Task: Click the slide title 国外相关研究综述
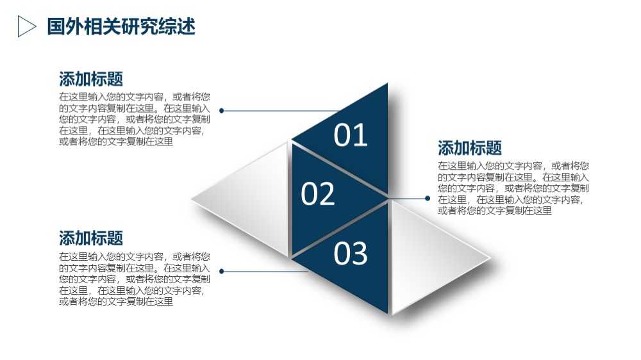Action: [121, 26]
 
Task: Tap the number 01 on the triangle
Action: [351, 135]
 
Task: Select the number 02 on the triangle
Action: [318, 193]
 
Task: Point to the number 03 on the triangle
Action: [351, 253]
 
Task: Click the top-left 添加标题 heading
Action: [91, 79]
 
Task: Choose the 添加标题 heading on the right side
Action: [470, 148]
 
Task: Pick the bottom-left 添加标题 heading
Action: [91, 238]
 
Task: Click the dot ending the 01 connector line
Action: [222, 111]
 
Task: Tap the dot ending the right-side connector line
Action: [428, 199]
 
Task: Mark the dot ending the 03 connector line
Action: [222, 272]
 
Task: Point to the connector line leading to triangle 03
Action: [265, 272]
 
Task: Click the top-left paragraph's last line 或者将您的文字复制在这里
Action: [116, 142]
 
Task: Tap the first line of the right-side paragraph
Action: [513, 165]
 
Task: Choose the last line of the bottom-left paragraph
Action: [116, 302]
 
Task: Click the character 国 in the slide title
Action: [56, 26]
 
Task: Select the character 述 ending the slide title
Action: [187, 26]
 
